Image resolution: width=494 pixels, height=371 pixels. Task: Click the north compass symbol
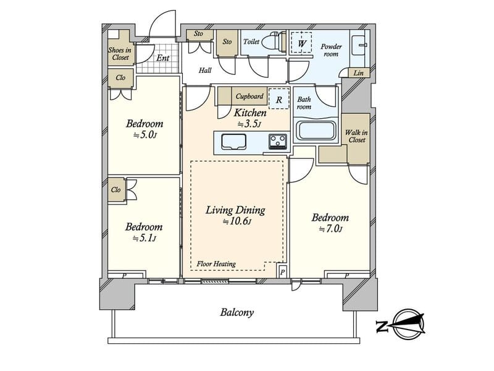[401, 325]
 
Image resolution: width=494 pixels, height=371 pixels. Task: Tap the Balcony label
[237, 313]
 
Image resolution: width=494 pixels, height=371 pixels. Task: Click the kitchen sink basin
[233, 142]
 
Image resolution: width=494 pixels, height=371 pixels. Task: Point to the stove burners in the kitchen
[278, 141]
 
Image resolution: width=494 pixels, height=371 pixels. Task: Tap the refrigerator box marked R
[279, 99]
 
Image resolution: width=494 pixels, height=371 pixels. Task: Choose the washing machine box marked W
[301, 43]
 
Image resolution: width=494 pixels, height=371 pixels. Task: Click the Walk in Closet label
[357, 136]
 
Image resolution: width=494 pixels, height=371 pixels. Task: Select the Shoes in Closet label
[120, 54]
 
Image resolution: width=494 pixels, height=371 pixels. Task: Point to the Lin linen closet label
[359, 73]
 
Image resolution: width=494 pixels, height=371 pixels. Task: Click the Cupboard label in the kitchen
[249, 96]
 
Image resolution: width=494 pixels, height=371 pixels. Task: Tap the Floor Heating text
[216, 264]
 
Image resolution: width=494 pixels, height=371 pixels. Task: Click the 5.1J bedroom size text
[144, 238]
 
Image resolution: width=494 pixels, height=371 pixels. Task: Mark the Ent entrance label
[163, 58]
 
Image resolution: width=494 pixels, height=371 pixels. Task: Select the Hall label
[205, 70]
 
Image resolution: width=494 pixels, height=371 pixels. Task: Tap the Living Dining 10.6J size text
[237, 221]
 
